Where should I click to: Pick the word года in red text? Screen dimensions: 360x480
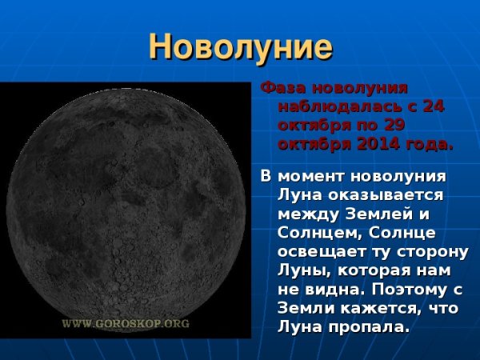pyautogui.click(x=425, y=145)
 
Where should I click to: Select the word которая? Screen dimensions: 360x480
pyautogui.click(x=371, y=271)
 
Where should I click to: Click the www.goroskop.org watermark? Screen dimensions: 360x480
pyautogui.click(x=126, y=323)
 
